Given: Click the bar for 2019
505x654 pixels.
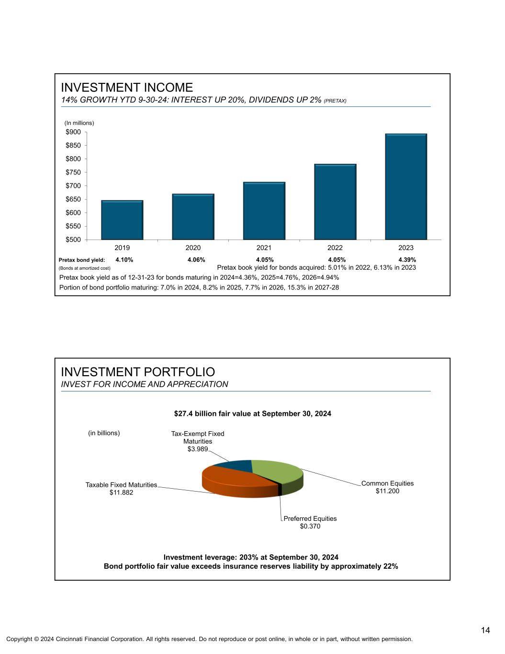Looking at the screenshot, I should [122, 220].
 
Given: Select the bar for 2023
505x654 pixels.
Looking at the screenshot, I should [406, 186].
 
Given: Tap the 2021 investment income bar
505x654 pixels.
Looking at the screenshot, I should [264, 211].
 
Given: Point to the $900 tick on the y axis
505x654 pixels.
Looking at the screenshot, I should [73, 132].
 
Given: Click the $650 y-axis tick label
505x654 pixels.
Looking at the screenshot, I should [73, 199].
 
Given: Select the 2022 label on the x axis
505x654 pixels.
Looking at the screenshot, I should [335, 248].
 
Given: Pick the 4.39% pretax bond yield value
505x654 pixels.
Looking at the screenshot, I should [407, 260].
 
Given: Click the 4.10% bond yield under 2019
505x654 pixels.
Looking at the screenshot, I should [124, 260].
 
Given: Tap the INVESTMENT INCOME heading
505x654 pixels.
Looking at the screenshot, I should [127, 88].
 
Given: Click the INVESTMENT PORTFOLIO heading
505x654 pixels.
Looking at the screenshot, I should [138, 372].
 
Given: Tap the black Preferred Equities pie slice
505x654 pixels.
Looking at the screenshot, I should [280, 490].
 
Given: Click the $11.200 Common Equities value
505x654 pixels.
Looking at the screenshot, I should [387, 491].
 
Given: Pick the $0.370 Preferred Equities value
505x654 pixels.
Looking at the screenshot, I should [310, 526].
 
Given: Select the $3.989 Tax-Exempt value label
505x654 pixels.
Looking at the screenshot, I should [197, 449].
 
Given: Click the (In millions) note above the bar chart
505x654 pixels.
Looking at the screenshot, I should [79, 123].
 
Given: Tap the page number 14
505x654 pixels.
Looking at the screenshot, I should [485, 630].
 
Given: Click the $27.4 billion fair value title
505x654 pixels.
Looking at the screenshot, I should [252, 413].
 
